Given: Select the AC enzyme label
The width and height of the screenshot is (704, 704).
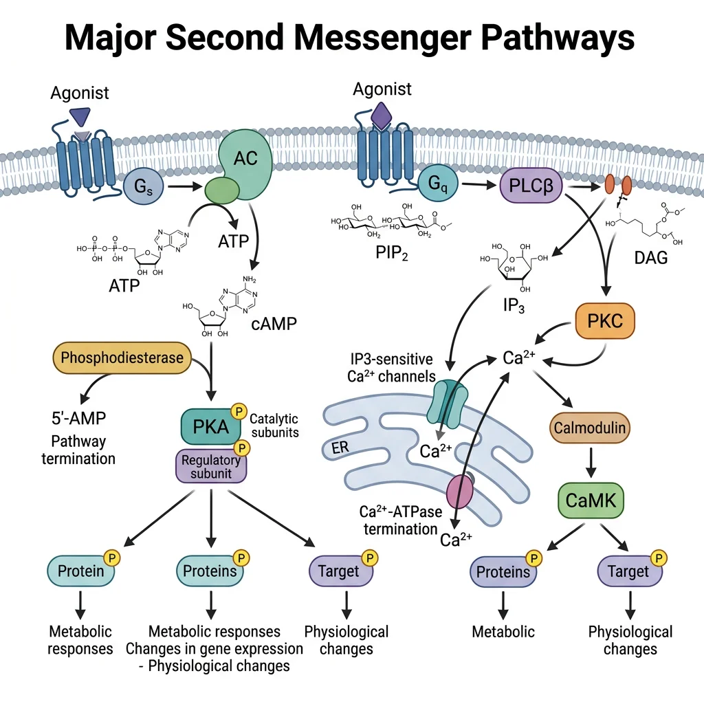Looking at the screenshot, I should coord(245,159).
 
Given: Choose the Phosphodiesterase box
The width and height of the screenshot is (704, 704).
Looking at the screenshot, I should coord(122,357).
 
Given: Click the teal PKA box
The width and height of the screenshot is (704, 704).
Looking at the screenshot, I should coord(210,427).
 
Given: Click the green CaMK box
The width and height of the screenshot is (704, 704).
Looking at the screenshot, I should coord(590,501).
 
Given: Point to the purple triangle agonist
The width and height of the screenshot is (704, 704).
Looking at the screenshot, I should coord(80,116).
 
